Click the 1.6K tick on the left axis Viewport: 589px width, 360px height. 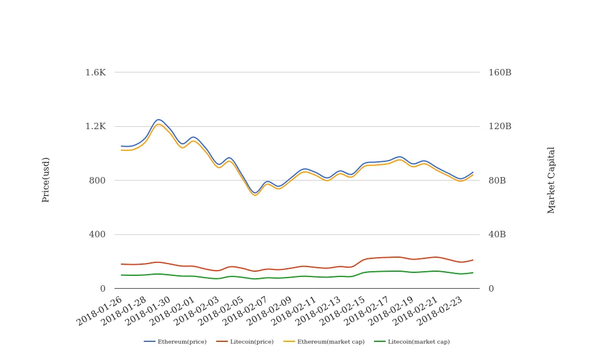tap(95, 72)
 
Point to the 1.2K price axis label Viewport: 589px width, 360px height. tap(95, 126)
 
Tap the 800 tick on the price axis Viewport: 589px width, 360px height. tap(97, 181)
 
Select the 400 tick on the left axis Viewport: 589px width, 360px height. tap(97, 234)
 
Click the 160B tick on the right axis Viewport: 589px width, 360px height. tap(500, 72)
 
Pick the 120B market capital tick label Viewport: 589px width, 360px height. tap(500, 126)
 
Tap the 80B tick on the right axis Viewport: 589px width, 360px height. tap(497, 181)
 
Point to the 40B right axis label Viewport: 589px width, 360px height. tap(497, 234)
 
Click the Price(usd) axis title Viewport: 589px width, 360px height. tap(46, 179)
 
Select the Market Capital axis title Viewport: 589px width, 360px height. tap(552, 180)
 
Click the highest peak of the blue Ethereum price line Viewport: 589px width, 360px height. tap(158, 119)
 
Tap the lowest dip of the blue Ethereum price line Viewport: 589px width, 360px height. tap(255, 193)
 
